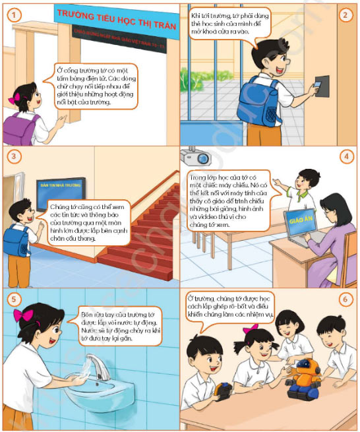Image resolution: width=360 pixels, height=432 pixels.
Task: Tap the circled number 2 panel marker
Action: click(x=345, y=15)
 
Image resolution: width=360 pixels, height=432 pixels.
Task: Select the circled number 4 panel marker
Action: click(x=345, y=158)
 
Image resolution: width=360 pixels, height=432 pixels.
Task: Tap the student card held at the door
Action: click(x=322, y=84)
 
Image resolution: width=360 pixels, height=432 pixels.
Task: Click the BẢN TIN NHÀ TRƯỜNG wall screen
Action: click(x=63, y=188)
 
